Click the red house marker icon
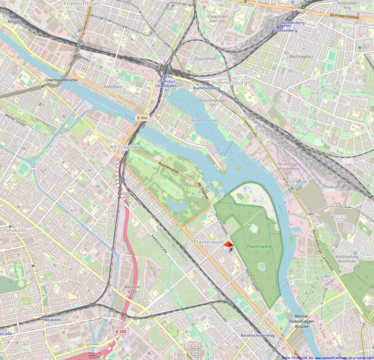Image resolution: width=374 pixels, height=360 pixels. click(228, 247)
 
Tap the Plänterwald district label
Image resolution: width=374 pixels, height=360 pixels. click(208, 242)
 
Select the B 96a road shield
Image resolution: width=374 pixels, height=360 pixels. click(142, 118)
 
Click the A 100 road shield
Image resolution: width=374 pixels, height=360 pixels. click(121, 331)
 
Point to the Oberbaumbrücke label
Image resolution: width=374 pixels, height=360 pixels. click(61, 80)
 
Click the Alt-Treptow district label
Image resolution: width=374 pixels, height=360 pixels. click(124, 147)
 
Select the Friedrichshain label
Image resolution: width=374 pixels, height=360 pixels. click(82, 3)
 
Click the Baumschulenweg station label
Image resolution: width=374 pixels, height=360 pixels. click(258, 335)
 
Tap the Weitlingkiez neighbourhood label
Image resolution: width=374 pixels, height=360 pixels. click(301, 56)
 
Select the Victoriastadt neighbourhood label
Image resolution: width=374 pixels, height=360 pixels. click(205, 59)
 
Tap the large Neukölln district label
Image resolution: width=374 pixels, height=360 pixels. click(15, 230)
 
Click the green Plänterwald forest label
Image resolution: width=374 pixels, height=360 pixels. click(259, 246)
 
